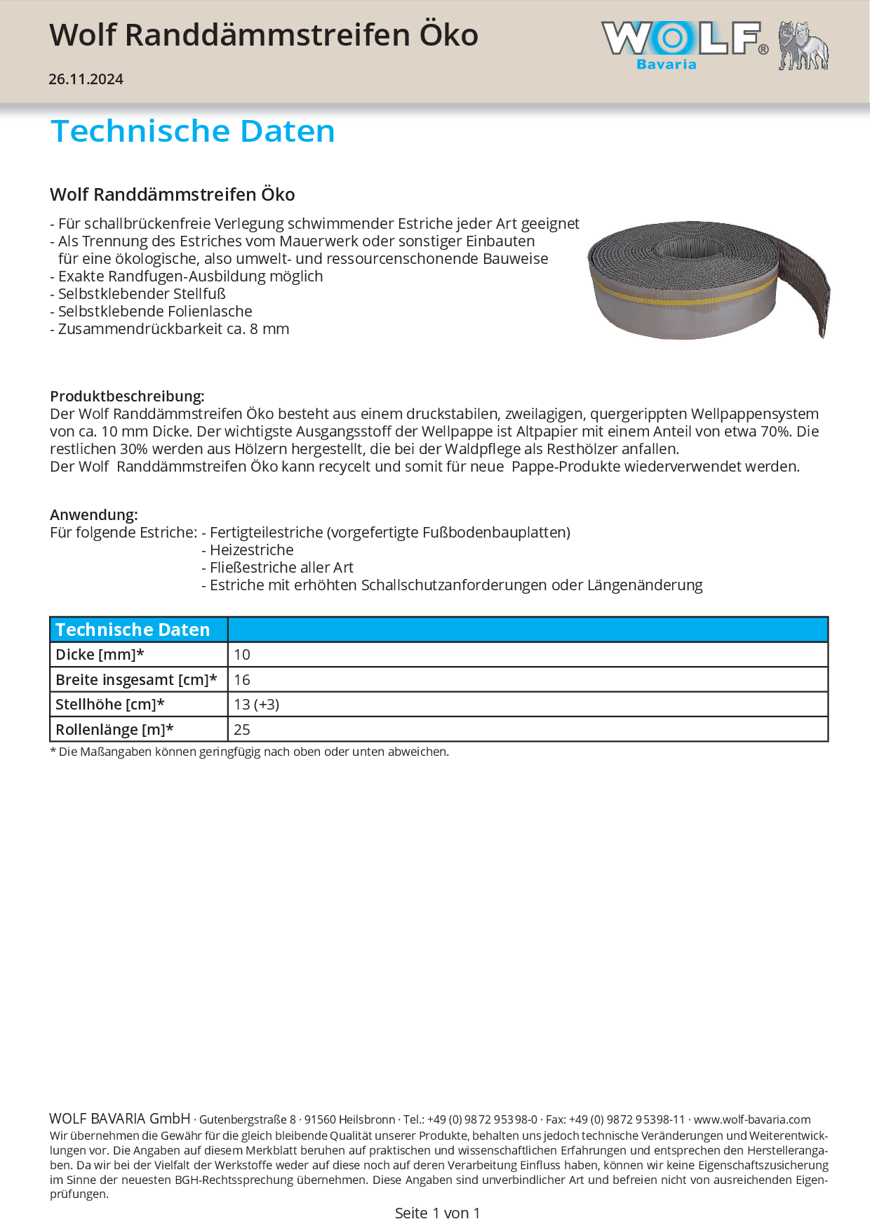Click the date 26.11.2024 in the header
[x=86, y=79]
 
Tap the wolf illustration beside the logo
[x=803, y=46]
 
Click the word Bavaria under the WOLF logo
[x=666, y=65]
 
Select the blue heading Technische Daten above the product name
[x=193, y=131]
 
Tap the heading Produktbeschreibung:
[x=127, y=396]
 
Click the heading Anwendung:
[x=94, y=514]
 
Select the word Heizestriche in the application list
[x=252, y=550]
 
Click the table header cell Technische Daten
[x=133, y=630]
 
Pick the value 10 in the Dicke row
[x=242, y=655]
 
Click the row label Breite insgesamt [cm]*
[x=136, y=679]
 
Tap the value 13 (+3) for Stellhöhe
[x=257, y=704]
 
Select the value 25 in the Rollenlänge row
[x=242, y=729]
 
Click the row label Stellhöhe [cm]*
[x=110, y=704]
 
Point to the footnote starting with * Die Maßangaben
[x=249, y=752]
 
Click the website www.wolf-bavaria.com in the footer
[x=752, y=1119]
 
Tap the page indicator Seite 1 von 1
[x=437, y=1213]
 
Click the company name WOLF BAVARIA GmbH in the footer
[x=120, y=1119]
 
